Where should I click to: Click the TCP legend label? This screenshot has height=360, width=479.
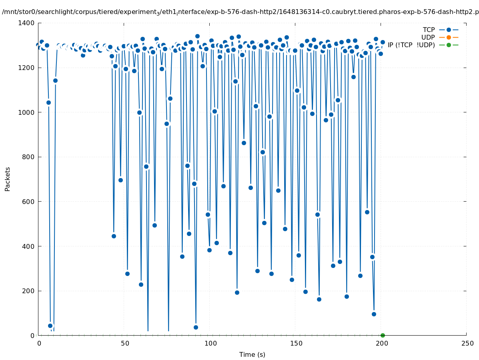(429, 30)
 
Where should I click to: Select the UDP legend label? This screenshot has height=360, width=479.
(428, 37)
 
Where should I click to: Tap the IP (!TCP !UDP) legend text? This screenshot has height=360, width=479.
(411, 45)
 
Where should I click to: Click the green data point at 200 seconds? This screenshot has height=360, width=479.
(383, 335)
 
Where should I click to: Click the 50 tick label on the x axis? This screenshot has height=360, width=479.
(124, 344)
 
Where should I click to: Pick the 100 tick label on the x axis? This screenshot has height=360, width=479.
(210, 344)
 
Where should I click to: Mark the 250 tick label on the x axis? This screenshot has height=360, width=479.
(467, 344)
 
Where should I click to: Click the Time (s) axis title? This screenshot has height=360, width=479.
(252, 355)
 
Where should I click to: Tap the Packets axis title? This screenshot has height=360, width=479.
(8, 179)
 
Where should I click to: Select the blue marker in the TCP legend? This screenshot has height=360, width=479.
(449, 30)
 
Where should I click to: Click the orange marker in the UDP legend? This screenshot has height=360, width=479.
(449, 37)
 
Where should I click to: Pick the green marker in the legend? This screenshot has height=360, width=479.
(449, 45)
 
